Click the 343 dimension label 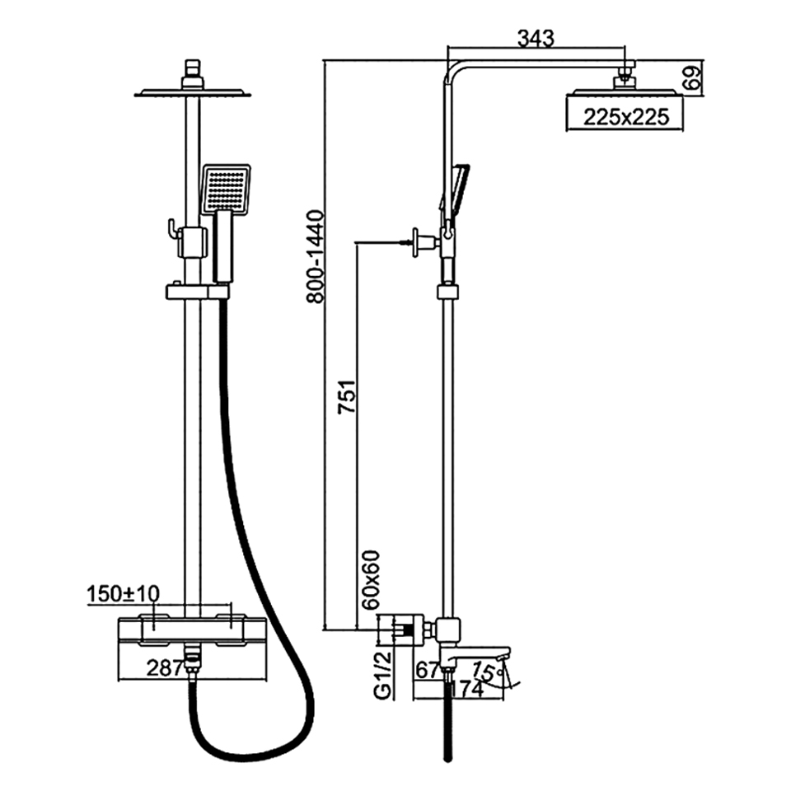click(x=536, y=39)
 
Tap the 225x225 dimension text click(x=626, y=117)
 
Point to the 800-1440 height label click(x=315, y=257)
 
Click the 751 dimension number click(x=347, y=397)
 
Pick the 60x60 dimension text click(x=371, y=579)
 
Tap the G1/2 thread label click(x=383, y=675)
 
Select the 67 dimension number click(x=427, y=670)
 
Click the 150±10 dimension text click(x=123, y=594)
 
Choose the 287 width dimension click(x=165, y=668)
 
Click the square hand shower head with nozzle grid click(x=225, y=189)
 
